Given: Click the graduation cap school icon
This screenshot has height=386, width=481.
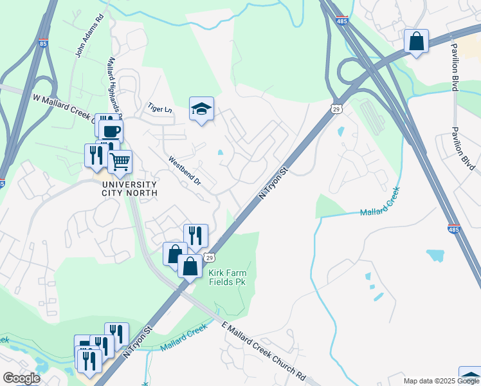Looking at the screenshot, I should pyautogui.click(x=201, y=109).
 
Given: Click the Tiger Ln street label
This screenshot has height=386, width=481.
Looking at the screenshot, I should pyautogui.click(x=159, y=108).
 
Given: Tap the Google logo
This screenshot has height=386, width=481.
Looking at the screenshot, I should pyautogui.click(x=21, y=378).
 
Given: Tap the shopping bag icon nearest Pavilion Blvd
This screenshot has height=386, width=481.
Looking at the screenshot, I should pyautogui.click(x=417, y=42).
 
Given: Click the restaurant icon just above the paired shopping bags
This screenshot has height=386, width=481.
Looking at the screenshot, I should pyautogui.click(x=195, y=235).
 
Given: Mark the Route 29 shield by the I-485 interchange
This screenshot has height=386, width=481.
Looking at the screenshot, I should pyautogui.click(x=336, y=109).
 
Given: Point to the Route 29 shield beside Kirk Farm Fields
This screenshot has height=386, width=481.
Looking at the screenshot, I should pyautogui.click(x=210, y=257).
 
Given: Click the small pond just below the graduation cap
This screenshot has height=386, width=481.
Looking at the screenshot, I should pyautogui.click(x=221, y=152).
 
